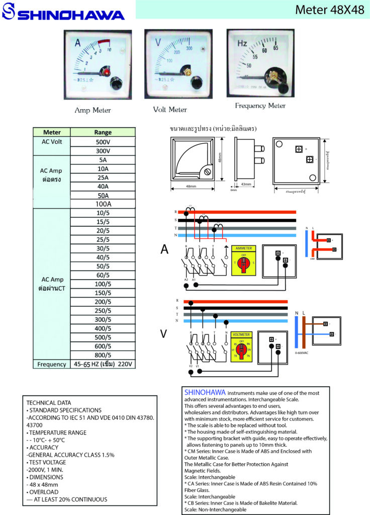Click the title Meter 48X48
(329, 10)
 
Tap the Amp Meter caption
(92, 110)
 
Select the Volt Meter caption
(170, 109)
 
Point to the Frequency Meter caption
(260, 106)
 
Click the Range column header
(103, 132)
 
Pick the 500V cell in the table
(103, 142)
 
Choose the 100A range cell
(103, 204)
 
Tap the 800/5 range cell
(103, 355)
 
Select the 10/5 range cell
(103, 213)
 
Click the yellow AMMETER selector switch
(243, 261)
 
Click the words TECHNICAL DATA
(49, 403)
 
